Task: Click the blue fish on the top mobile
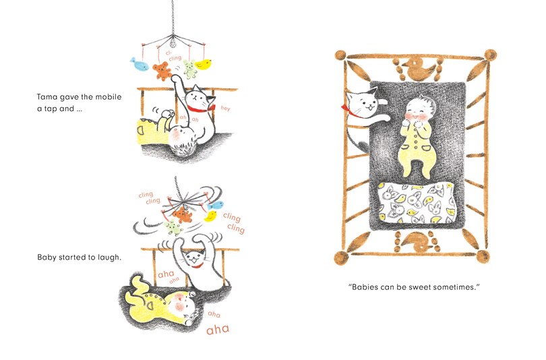tap(139, 64)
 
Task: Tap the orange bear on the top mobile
tap(161, 70)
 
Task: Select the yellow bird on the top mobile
tap(204, 65)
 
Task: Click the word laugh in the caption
tap(107, 258)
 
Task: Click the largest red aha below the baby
tap(218, 329)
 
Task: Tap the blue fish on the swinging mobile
tap(216, 205)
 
